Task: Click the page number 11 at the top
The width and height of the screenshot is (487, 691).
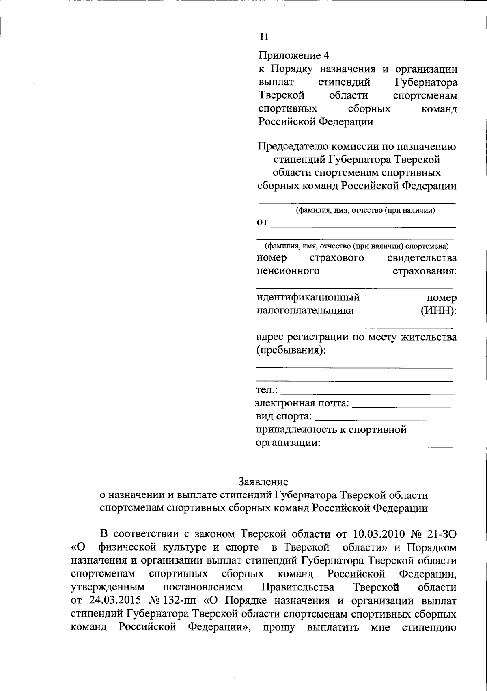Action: [x=264, y=37]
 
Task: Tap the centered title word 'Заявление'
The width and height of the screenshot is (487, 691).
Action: [x=263, y=482]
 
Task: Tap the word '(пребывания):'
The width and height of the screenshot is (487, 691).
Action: [x=291, y=350]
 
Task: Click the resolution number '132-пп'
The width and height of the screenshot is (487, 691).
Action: [x=179, y=600]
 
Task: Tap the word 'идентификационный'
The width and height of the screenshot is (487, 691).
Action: [x=308, y=298]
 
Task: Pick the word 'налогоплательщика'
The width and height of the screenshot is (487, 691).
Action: [x=305, y=311]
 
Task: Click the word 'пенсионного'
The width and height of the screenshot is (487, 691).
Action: [x=288, y=271]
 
